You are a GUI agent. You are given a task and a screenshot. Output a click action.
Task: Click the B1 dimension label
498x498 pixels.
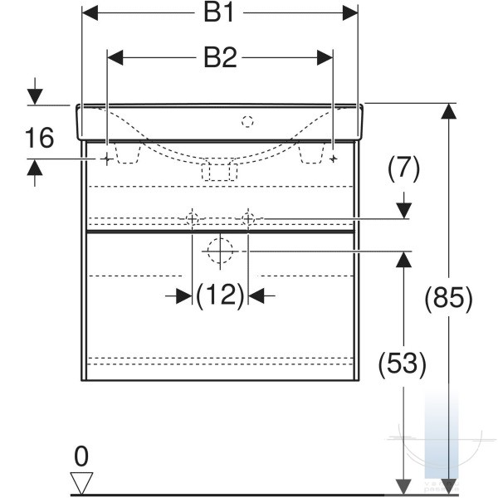click(x=218, y=13)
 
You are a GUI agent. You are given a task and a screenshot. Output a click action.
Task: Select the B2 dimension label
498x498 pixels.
click(x=220, y=58)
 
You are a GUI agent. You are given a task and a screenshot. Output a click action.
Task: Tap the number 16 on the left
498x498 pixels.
click(x=39, y=138)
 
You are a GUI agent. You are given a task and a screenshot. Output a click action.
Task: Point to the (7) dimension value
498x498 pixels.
click(x=403, y=168)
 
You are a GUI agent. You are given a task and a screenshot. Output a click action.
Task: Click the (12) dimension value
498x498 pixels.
click(x=220, y=295)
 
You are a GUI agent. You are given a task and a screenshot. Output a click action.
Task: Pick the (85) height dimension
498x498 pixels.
click(x=449, y=298)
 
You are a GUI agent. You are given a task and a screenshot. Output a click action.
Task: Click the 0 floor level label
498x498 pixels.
click(x=81, y=456)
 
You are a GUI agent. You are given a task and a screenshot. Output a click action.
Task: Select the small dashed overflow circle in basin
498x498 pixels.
click(x=247, y=122)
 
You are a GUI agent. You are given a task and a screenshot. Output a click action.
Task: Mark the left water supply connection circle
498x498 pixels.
click(x=193, y=219)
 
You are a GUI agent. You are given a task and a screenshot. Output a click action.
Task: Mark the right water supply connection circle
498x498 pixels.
click(x=248, y=219)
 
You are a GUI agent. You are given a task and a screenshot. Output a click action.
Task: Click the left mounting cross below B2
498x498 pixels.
click(x=107, y=159)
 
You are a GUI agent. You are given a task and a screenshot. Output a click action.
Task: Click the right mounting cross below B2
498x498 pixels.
click(x=333, y=159)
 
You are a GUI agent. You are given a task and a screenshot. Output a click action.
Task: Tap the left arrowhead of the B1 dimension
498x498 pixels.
click(x=90, y=13)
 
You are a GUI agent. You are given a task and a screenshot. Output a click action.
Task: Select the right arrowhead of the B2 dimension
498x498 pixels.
click(x=325, y=58)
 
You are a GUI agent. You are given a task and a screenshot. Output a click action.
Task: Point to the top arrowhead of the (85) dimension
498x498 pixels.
click(x=449, y=111)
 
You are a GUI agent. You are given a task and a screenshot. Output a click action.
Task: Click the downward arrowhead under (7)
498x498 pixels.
click(x=403, y=211)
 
